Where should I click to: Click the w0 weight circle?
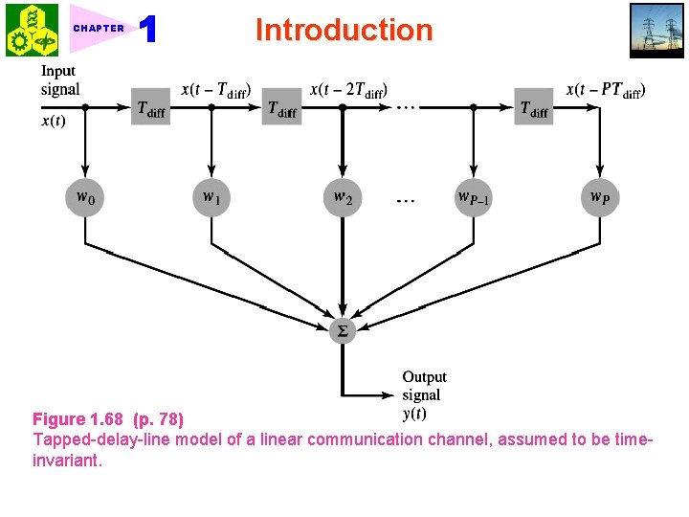coord(86,198)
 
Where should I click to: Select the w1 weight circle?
coord(211,198)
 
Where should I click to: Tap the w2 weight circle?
coord(342,198)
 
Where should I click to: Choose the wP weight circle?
coord(599,198)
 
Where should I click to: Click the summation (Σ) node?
coord(342,330)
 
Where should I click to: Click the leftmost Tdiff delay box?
coord(150,108)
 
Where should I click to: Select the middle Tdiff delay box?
coord(281,108)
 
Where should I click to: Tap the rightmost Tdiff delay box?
coord(534,108)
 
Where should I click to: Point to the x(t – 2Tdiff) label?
coord(347,91)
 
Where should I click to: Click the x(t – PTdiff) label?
coord(606,91)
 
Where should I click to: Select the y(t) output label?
coord(414,414)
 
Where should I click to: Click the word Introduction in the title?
coord(344,30)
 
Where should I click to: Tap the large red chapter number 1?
coord(147,30)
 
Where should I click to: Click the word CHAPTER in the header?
coord(99,28)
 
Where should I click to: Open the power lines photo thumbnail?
coord(656,30)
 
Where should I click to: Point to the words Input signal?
coord(59,80)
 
